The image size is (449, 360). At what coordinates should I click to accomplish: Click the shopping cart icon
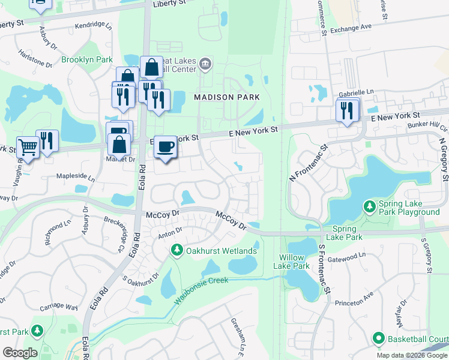click(x=28, y=146)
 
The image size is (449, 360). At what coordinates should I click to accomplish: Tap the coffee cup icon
click(x=165, y=146)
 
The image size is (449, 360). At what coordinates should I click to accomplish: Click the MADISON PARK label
click(x=227, y=97)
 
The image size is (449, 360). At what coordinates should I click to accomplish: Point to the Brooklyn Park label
click(x=86, y=60)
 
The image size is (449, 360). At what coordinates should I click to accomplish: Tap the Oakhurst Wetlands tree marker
click(x=176, y=250)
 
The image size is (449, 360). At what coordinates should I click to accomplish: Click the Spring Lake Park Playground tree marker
click(x=370, y=206)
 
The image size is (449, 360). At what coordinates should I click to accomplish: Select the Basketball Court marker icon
click(x=378, y=338)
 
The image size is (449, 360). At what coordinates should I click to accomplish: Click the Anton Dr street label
click(x=170, y=231)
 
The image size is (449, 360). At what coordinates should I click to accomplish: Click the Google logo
click(x=20, y=353)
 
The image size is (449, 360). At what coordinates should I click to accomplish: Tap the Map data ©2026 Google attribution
click(x=412, y=355)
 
